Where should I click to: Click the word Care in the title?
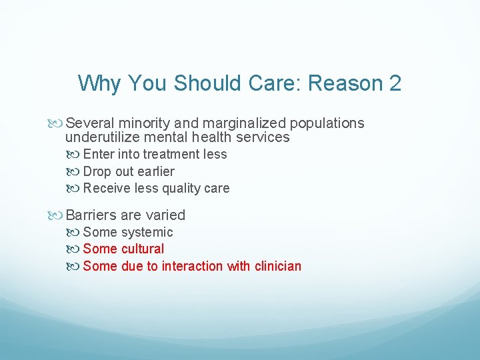[x=275, y=83]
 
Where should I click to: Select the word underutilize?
[x=104, y=137]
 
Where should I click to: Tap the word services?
[x=263, y=137]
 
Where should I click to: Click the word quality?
[x=182, y=189]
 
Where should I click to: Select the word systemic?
[x=147, y=233]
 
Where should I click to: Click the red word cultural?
[x=143, y=249]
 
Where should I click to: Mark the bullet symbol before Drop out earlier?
[x=75, y=172]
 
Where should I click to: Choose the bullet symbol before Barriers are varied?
[x=57, y=215]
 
